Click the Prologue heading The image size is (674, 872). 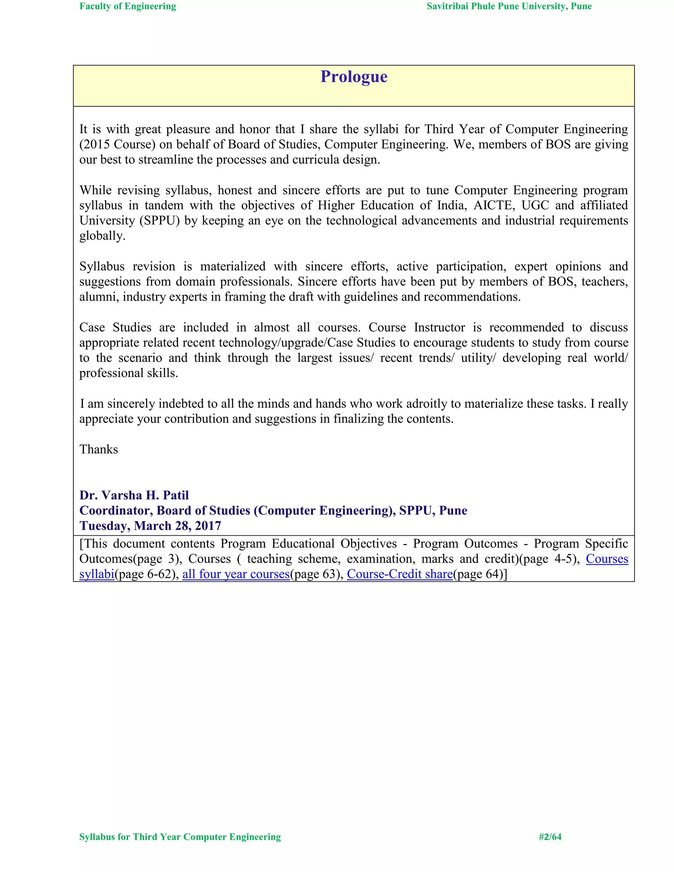[x=354, y=77]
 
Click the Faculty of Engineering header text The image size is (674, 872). [x=128, y=6]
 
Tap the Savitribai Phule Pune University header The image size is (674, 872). [x=509, y=6]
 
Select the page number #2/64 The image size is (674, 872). [x=550, y=836]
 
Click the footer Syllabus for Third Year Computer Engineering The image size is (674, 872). [x=180, y=836]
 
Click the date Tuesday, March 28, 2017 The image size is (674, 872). [x=150, y=526]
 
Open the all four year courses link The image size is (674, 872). [x=236, y=574]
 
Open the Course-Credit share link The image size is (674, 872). [x=400, y=574]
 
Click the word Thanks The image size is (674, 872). [x=99, y=449]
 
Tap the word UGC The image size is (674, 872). [x=535, y=205]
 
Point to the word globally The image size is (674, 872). [x=102, y=236]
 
